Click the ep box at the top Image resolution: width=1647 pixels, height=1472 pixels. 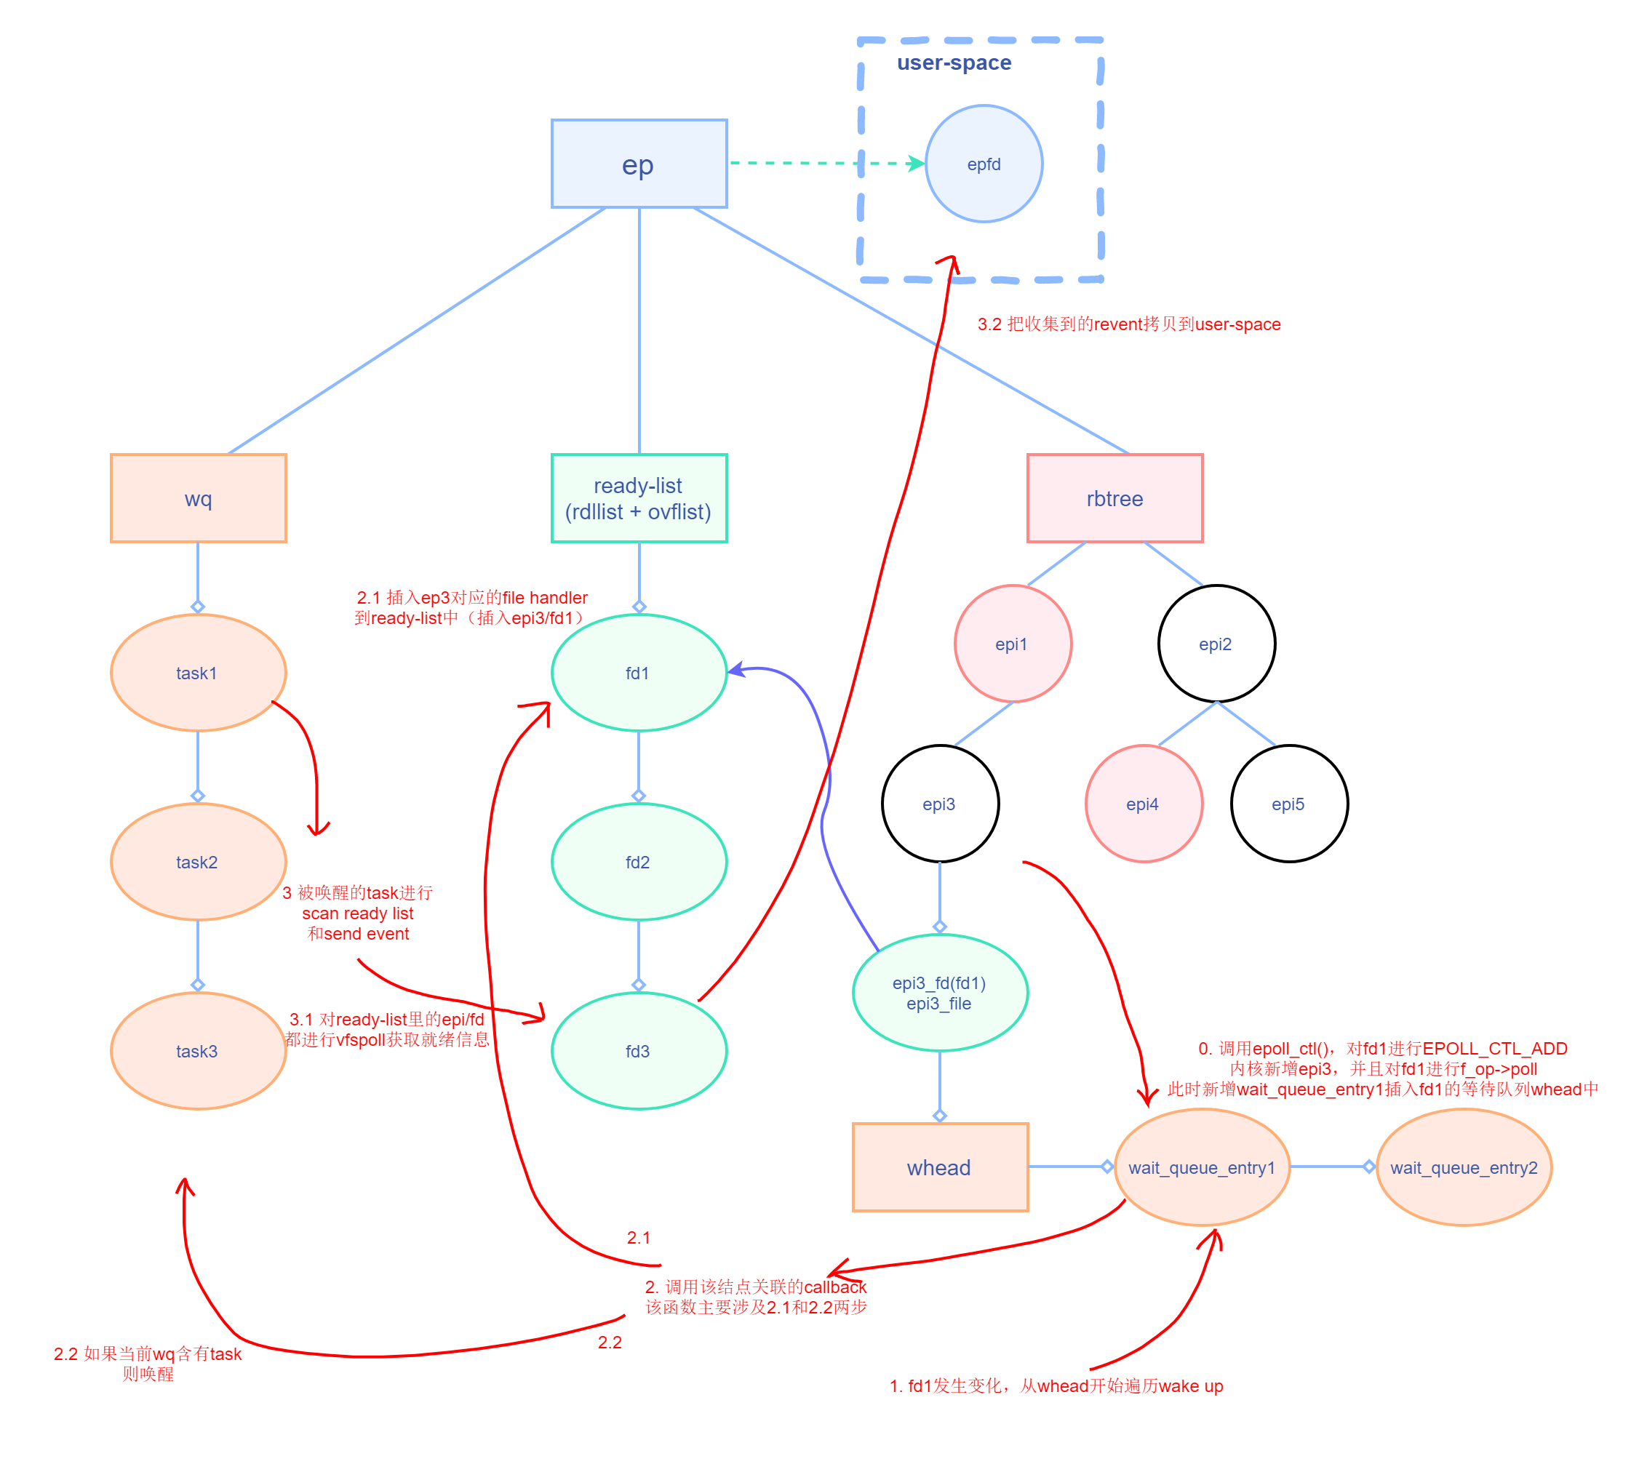click(x=638, y=164)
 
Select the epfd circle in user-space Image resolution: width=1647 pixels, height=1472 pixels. click(x=983, y=164)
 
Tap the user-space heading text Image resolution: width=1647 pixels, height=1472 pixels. click(x=953, y=63)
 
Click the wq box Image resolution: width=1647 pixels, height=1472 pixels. click(x=198, y=498)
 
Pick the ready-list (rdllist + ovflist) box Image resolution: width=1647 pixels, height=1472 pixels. click(x=638, y=498)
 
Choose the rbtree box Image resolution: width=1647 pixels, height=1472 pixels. click(x=1114, y=498)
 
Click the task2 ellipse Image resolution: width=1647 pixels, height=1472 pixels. click(x=197, y=861)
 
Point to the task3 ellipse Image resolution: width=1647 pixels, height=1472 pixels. click(x=197, y=1051)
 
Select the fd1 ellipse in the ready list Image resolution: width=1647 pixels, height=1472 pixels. click(x=638, y=673)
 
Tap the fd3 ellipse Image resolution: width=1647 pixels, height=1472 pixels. click(x=638, y=1051)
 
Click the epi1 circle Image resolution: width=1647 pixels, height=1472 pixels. click(x=1012, y=644)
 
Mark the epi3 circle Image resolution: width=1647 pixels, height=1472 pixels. click(x=939, y=804)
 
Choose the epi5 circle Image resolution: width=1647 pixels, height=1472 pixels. click(x=1288, y=804)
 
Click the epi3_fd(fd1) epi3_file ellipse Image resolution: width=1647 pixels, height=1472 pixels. click(x=939, y=993)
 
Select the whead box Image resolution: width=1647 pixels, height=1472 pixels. click(x=939, y=1167)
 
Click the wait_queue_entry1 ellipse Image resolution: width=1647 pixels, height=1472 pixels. click(x=1201, y=1167)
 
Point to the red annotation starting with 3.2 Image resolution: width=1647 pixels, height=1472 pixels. click(x=1128, y=324)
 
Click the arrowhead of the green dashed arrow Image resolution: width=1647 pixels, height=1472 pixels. click(x=917, y=164)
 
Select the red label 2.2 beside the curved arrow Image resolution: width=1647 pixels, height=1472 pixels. click(x=609, y=1343)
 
